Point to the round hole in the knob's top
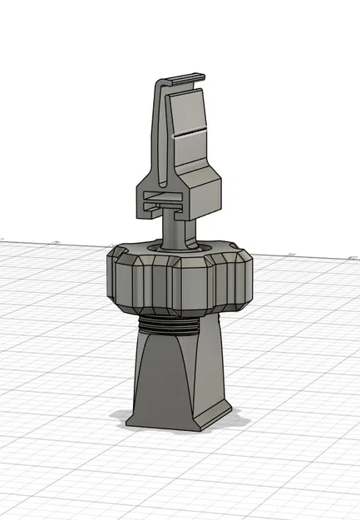(178, 246)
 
